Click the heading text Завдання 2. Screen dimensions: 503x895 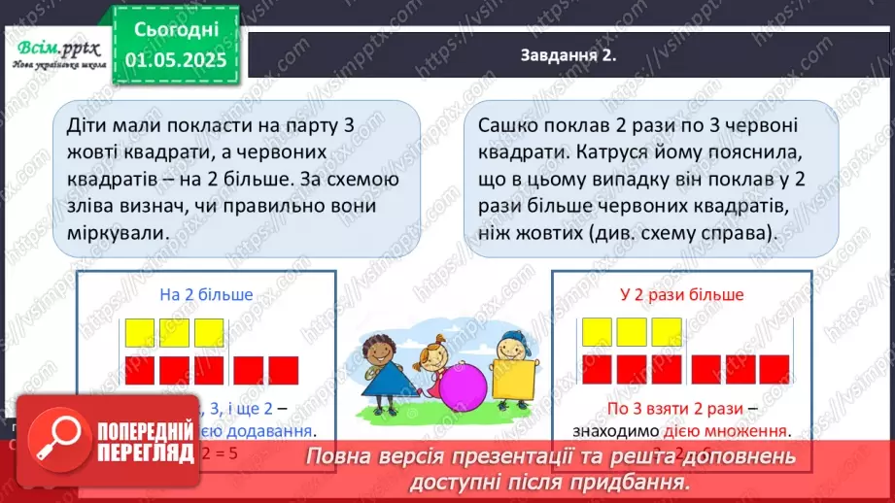click(568, 57)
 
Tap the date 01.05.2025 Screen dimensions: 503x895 click(176, 61)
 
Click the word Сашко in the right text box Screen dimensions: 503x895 click(507, 127)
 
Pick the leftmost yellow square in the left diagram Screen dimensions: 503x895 click(140, 332)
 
